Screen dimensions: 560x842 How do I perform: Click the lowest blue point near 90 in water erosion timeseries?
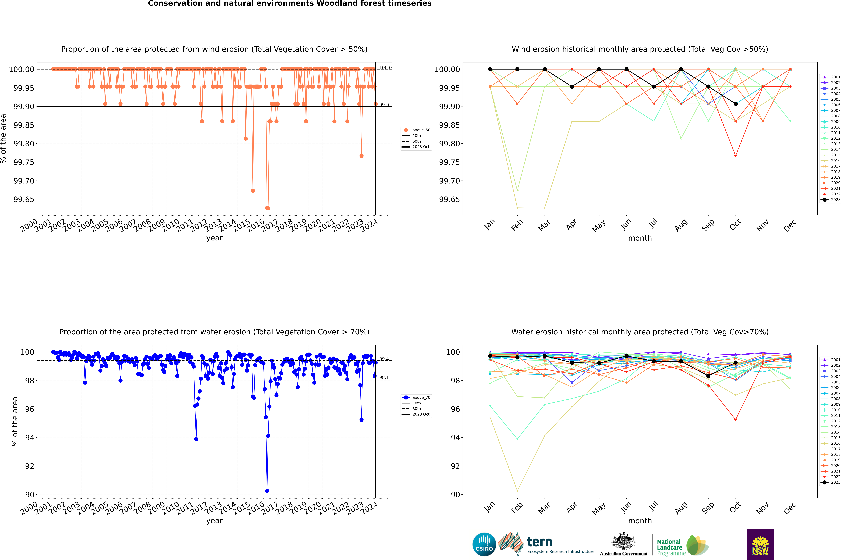267,491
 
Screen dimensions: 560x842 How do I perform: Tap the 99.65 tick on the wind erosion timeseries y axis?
24,199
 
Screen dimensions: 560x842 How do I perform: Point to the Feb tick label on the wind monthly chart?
517,225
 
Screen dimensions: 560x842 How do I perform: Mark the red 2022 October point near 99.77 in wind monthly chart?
736,156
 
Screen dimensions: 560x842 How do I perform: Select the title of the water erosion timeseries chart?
214,332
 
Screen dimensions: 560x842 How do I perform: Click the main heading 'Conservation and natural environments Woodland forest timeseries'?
289,4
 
